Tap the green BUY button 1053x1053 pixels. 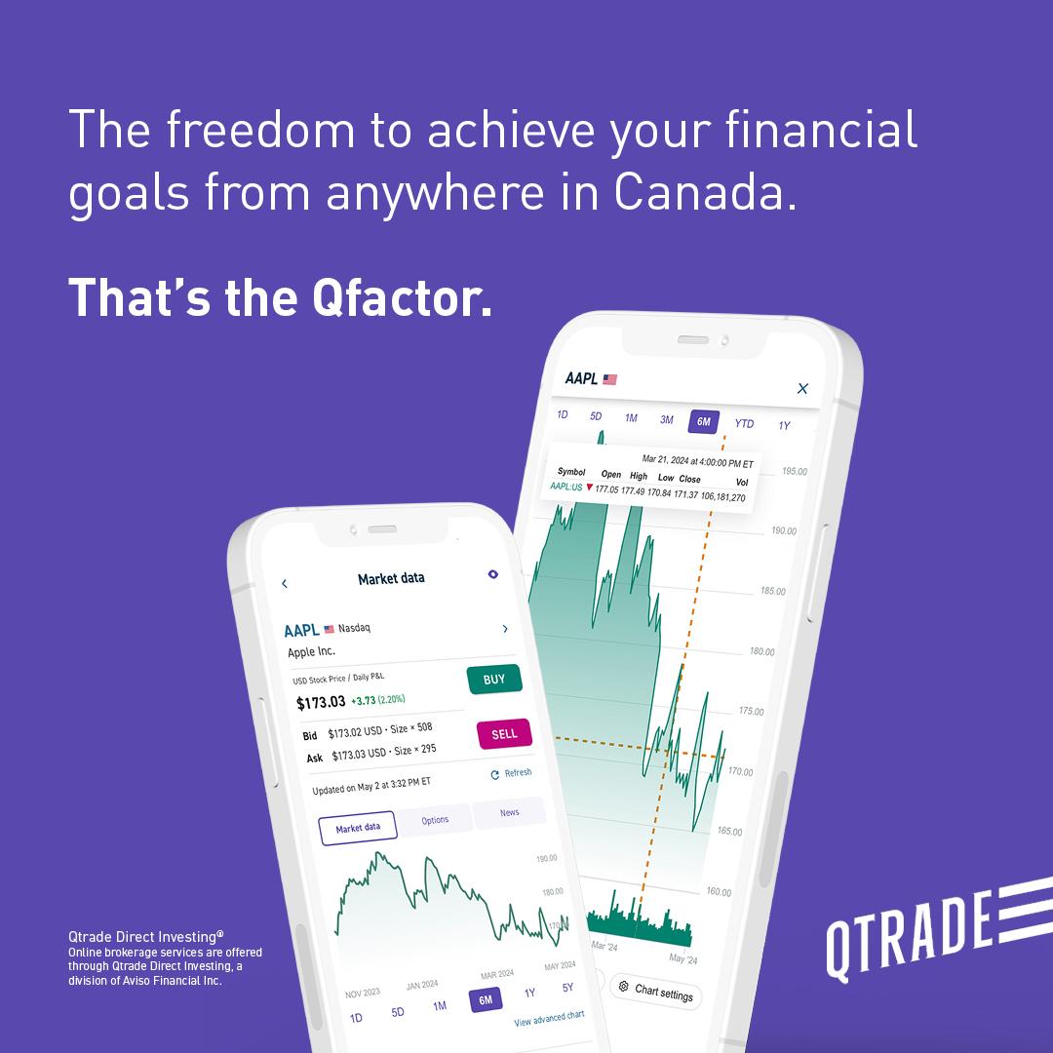click(x=494, y=679)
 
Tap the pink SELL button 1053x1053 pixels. click(x=504, y=733)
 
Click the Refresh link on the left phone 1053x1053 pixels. click(x=512, y=773)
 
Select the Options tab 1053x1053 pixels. click(x=435, y=820)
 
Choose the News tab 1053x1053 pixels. click(x=509, y=812)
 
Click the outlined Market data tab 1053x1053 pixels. click(x=357, y=829)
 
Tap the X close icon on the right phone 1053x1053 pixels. click(x=802, y=388)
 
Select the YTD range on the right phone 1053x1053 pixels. click(x=744, y=423)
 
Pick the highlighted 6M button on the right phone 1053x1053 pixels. click(x=704, y=422)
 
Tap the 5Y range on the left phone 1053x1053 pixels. click(x=567, y=987)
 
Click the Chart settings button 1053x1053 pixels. click(x=655, y=991)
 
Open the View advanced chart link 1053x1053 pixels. click(x=549, y=1018)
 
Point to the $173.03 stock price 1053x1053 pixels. click(x=321, y=702)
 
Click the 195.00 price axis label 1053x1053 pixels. click(x=795, y=472)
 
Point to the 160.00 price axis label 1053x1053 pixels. click(x=719, y=892)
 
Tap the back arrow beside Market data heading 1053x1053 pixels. click(x=285, y=584)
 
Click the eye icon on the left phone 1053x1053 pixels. click(x=493, y=574)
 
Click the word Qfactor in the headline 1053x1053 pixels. click(x=403, y=298)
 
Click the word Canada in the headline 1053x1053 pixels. click(x=705, y=191)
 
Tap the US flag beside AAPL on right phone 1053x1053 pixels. click(x=609, y=379)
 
